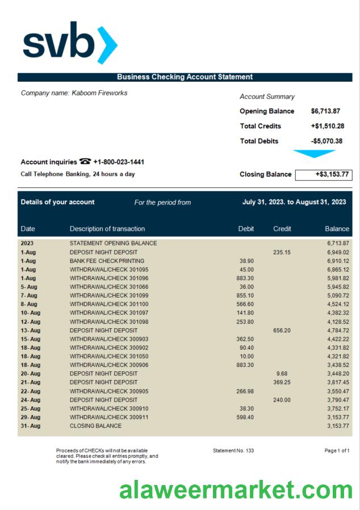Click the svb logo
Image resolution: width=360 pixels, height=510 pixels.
pyautogui.click(x=70, y=43)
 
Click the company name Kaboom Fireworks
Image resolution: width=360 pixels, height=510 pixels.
pyautogui.click(x=74, y=93)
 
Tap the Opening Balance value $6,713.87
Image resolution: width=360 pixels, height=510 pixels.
pyautogui.click(x=325, y=111)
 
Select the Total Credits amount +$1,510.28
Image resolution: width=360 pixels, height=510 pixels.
pyautogui.click(x=327, y=126)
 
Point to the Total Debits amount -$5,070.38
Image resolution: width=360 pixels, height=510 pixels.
pyautogui.click(x=326, y=141)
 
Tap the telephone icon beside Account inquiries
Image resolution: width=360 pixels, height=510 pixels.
pyautogui.click(x=85, y=162)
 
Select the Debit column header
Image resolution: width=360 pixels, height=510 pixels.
pyautogui.click(x=246, y=229)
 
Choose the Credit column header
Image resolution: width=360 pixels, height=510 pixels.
pyautogui.click(x=282, y=229)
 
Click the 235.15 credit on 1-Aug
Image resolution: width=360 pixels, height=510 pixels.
pyautogui.click(x=282, y=252)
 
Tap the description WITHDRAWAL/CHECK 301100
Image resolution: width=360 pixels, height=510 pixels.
pyautogui.click(x=109, y=304)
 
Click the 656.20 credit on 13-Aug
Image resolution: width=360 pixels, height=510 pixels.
pyautogui.click(x=282, y=330)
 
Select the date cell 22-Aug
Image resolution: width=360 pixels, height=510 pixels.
pyautogui.click(x=31, y=391)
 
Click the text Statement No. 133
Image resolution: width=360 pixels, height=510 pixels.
pyautogui.click(x=233, y=450)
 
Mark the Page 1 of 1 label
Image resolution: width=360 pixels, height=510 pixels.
pyautogui.click(x=337, y=450)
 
